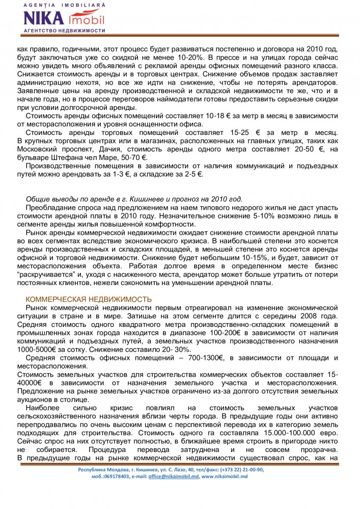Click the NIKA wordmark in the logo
[x=43, y=19]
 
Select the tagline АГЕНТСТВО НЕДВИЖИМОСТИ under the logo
[x=64, y=31]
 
